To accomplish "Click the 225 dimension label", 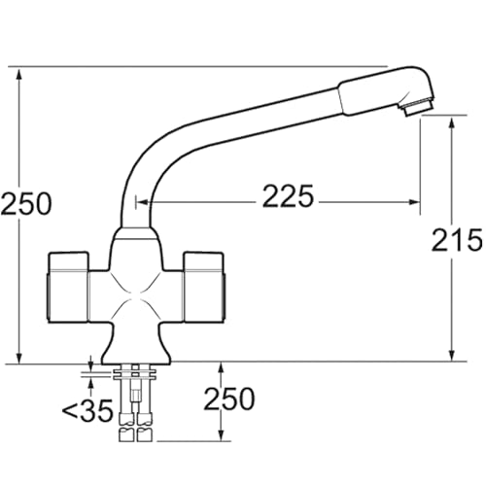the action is tap(288, 196).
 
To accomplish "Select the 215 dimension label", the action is tap(457, 240).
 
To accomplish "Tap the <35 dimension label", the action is tap(87, 410).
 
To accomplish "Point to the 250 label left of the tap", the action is tap(26, 204).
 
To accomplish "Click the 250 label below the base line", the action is tap(229, 399).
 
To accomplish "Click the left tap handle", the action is tap(68, 287).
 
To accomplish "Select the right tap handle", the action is tap(204, 287).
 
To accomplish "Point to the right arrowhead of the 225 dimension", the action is tap(415, 202).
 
